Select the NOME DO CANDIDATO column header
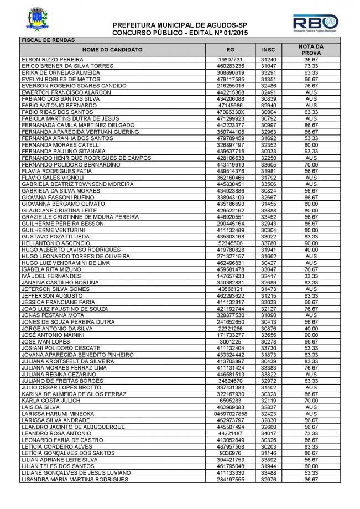[112, 50]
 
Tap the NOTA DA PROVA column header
[311, 50]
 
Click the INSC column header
[268, 50]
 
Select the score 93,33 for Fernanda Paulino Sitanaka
[311, 150]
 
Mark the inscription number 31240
[268, 59]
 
